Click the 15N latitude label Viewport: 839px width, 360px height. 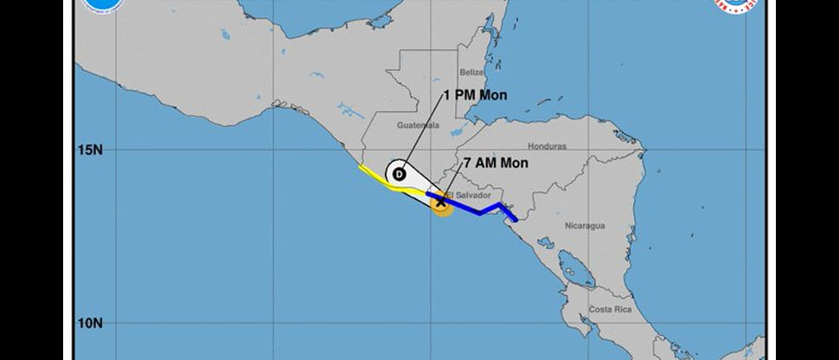(x=90, y=149)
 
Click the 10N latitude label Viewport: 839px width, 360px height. (x=90, y=324)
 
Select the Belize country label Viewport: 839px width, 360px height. (x=472, y=72)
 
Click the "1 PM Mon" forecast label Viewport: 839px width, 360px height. (x=477, y=94)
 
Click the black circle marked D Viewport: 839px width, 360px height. (x=399, y=174)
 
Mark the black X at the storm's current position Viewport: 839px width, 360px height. (x=441, y=202)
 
